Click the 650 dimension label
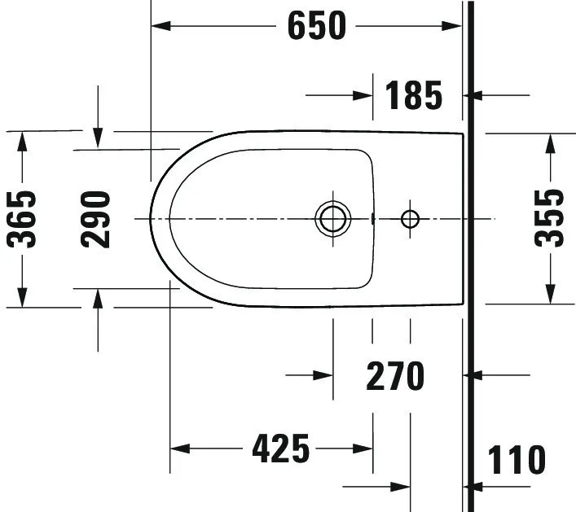(316, 26)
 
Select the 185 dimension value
(414, 95)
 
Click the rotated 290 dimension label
(96, 218)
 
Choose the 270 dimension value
(395, 376)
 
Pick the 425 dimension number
(280, 448)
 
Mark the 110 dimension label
(517, 460)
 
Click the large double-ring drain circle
(332, 218)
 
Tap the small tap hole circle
(410, 218)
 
